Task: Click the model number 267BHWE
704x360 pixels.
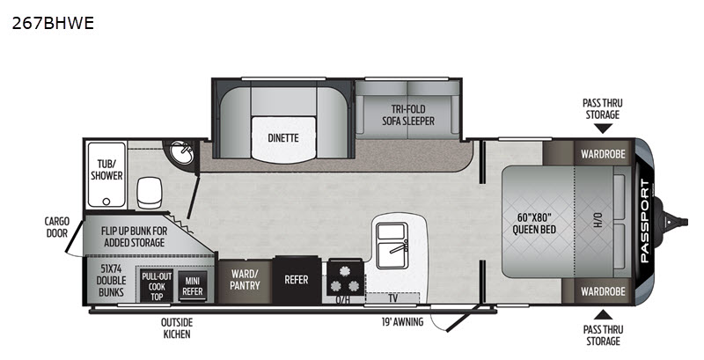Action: pos(53,23)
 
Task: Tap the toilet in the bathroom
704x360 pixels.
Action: pos(150,193)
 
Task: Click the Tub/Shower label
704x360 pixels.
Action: pos(106,169)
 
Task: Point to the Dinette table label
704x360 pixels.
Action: pos(283,138)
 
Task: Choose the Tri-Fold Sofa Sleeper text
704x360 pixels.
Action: pos(408,115)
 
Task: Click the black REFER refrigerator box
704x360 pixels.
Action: pos(297,280)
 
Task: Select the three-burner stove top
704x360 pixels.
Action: pos(345,278)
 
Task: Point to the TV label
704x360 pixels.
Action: pos(392,298)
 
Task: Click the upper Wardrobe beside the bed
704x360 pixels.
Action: pos(603,154)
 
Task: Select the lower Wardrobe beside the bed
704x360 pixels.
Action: pos(603,291)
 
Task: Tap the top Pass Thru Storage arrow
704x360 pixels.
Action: pos(603,129)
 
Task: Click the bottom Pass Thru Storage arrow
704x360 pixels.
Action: pos(603,314)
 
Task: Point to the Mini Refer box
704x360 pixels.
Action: pos(193,286)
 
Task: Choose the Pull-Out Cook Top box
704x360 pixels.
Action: pos(157,286)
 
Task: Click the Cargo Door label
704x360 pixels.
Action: pos(57,227)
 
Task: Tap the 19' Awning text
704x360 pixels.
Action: pos(402,322)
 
